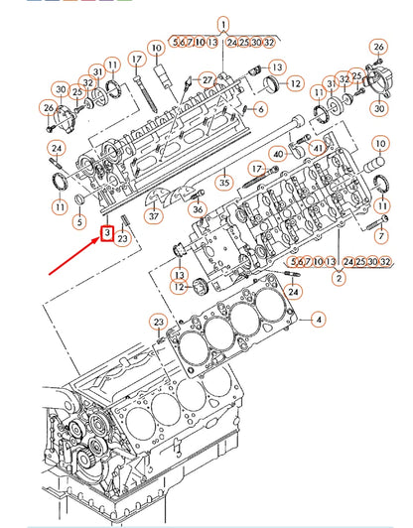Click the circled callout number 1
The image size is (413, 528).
tap(222, 23)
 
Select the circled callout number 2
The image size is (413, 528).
tap(339, 280)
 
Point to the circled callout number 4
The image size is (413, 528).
tap(319, 320)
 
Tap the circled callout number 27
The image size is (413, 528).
tap(206, 79)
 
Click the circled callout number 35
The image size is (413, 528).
tap(224, 182)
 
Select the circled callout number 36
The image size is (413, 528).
tap(198, 208)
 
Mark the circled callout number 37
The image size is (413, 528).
tap(153, 215)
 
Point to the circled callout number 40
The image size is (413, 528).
tap(280, 154)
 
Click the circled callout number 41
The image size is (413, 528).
tap(318, 146)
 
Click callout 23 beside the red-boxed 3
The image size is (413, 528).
tap(123, 237)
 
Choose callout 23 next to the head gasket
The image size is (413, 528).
tap(159, 322)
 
